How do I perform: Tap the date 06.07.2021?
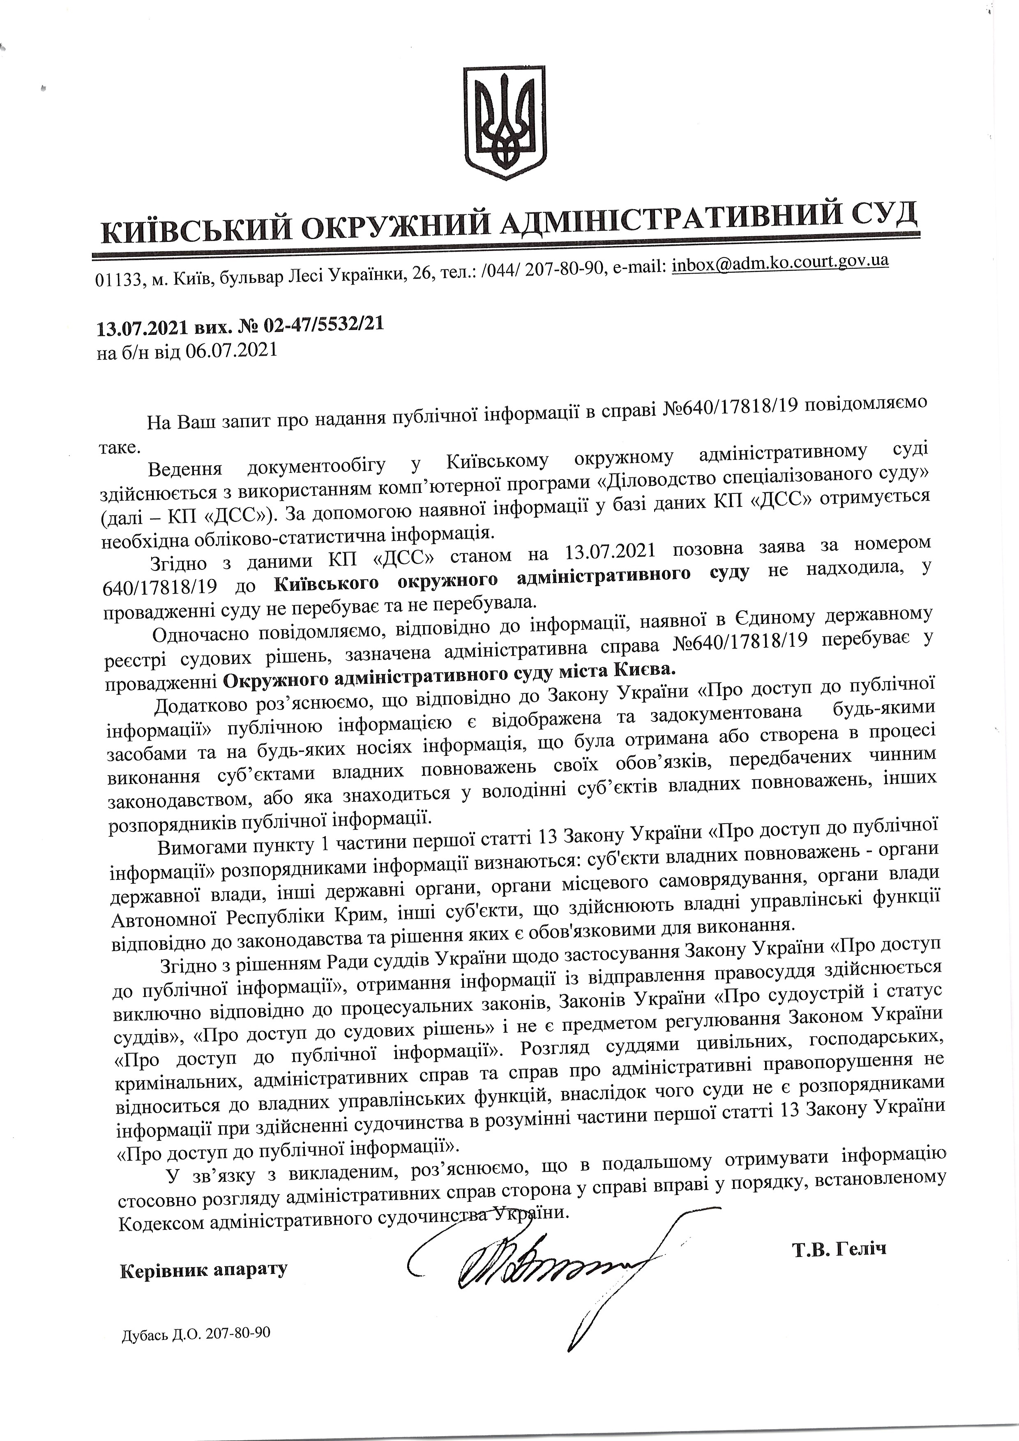[x=232, y=351]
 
